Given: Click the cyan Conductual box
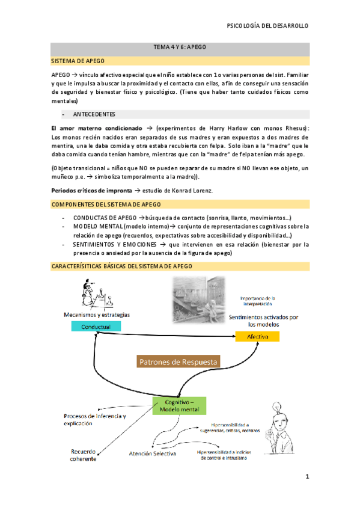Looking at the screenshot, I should [x=96, y=326].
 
